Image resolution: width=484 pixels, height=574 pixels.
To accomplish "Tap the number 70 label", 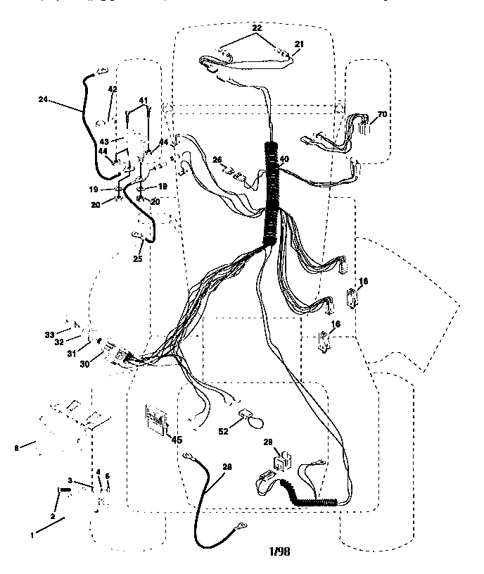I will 383,113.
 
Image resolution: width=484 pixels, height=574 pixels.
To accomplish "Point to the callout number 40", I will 284,159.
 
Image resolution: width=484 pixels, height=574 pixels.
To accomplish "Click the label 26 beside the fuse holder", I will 217,159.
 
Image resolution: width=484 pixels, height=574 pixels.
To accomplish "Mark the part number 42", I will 112,89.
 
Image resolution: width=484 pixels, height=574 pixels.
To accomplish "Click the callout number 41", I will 143,101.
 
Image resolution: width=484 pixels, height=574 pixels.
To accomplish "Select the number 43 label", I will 104,141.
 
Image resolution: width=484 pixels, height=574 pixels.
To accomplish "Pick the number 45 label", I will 177,440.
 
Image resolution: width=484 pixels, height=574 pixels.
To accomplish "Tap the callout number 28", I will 227,466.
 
